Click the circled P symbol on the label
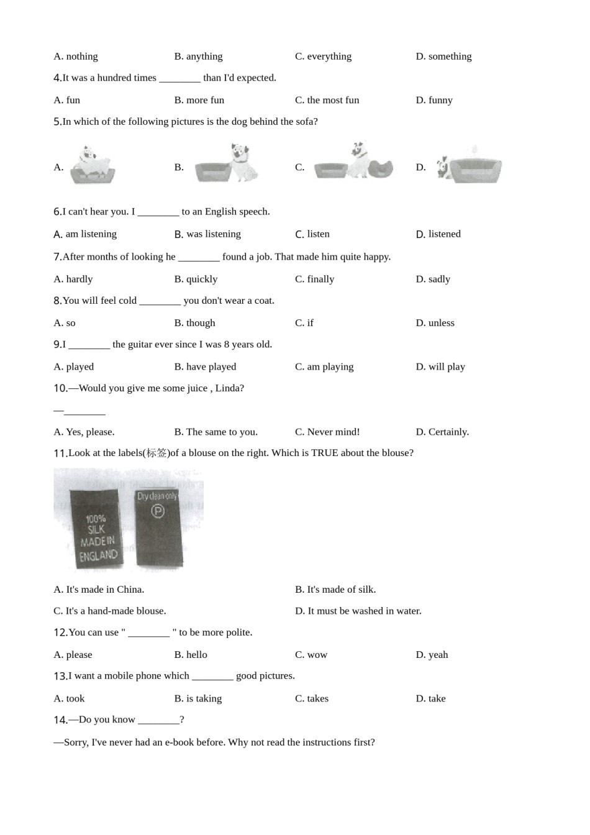(x=158, y=511)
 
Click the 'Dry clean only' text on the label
(x=157, y=496)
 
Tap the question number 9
(x=57, y=345)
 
